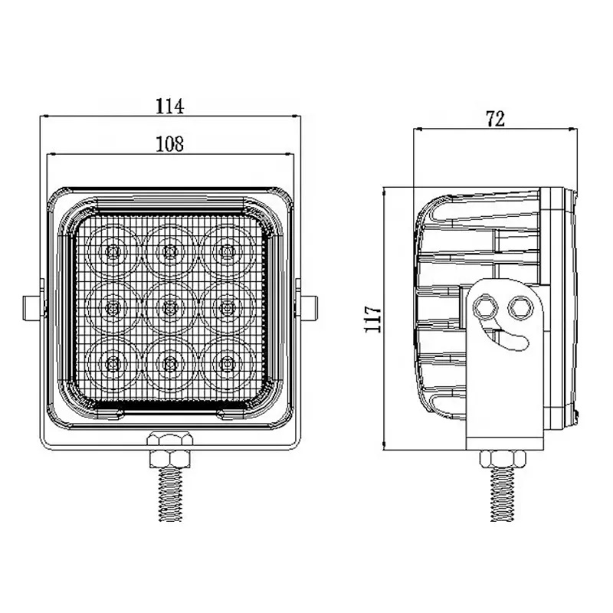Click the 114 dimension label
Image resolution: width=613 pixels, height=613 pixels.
click(x=170, y=107)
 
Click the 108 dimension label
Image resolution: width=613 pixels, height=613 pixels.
click(x=170, y=143)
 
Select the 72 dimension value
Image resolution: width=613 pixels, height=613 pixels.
click(x=494, y=118)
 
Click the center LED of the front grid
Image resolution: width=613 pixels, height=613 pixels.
click(x=169, y=307)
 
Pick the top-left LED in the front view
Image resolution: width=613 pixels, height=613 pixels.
click(x=113, y=251)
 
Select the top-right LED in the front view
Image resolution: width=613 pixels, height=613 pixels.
click(x=225, y=251)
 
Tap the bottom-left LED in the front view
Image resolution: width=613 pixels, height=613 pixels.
click(x=113, y=362)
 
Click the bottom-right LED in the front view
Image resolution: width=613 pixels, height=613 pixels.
click(x=225, y=362)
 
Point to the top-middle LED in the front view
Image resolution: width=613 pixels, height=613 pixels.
click(x=169, y=251)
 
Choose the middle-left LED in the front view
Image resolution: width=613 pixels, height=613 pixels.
click(x=113, y=307)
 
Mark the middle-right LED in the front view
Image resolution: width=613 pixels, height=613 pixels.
click(x=225, y=307)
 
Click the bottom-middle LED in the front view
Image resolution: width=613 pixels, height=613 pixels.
click(x=169, y=362)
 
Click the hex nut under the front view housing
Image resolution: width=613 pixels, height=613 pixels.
click(x=169, y=448)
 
